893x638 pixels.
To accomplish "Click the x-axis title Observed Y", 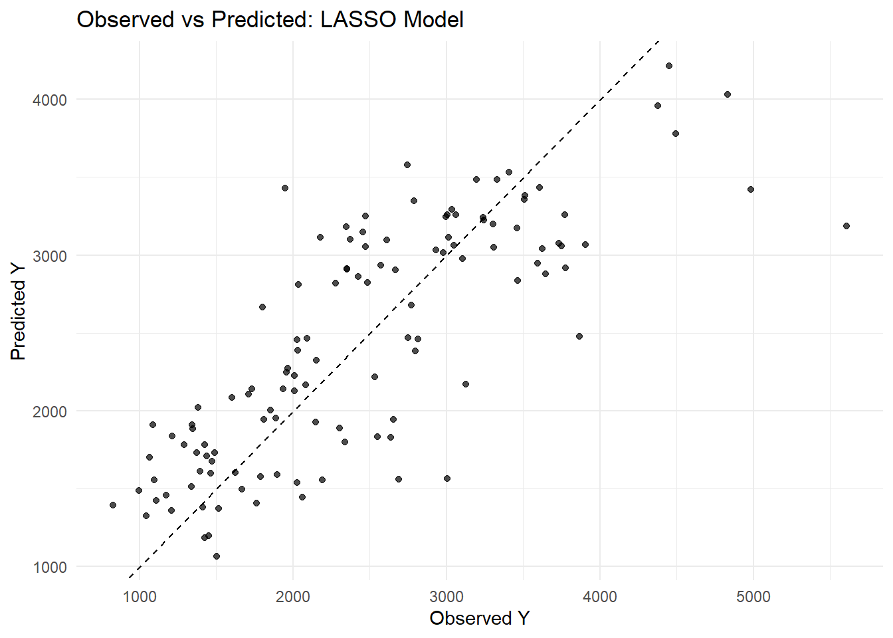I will (x=479, y=618).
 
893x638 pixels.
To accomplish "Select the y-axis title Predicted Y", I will (x=18, y=312).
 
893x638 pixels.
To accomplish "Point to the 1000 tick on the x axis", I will (x=140, y=596).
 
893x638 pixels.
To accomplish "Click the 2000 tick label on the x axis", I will (x=293, y=596).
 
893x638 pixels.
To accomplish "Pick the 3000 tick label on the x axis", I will (x=446, y=596).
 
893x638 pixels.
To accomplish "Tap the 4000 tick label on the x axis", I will (x=600, y=596).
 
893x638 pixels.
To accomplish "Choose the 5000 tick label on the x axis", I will (x=753, y=596).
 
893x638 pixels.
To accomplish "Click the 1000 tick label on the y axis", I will (x=50, y=567).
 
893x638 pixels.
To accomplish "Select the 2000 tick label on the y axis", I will (x=50, y=411).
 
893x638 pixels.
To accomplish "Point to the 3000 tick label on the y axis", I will (x=50, y=256).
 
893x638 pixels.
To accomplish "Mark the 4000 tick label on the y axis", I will (x=50, y=100).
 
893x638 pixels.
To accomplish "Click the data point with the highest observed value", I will (x=846, y=226).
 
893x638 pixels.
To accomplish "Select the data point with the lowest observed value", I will (x=113, y=505).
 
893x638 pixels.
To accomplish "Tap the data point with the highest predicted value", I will (x=669, y=66).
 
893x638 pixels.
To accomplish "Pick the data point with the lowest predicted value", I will (x=217, y=556).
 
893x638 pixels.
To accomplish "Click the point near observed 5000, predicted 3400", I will (x=751, y=189).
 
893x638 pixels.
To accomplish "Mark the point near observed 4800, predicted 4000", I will (x=728, y=94).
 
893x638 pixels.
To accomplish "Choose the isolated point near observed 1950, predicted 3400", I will (x=285, y=188).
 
